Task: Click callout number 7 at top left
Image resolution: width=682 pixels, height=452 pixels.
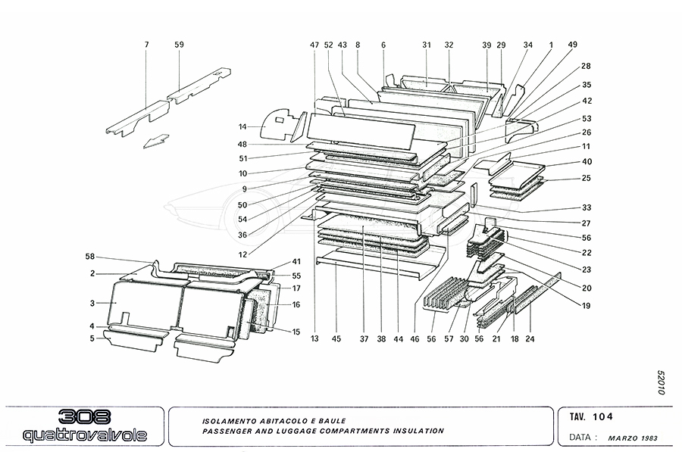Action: click(147, 45)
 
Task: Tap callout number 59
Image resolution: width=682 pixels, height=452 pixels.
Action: click(179, 45)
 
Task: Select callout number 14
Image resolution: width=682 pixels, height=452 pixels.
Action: click(242, 126)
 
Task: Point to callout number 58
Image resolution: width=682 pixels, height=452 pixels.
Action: click(90, 257)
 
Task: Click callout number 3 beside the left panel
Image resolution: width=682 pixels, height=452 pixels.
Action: click(91, 303)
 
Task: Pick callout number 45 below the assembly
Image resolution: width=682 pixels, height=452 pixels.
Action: click(336, 339)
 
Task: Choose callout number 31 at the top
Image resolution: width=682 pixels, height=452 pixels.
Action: click(427, 45)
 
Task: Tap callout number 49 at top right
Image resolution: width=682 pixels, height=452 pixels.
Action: click(572, 45)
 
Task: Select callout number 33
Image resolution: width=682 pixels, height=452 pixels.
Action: click(587, 207)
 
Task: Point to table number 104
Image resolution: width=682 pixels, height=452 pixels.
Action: click(604, 416)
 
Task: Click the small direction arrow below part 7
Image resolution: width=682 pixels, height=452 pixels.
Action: click(155, 141)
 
